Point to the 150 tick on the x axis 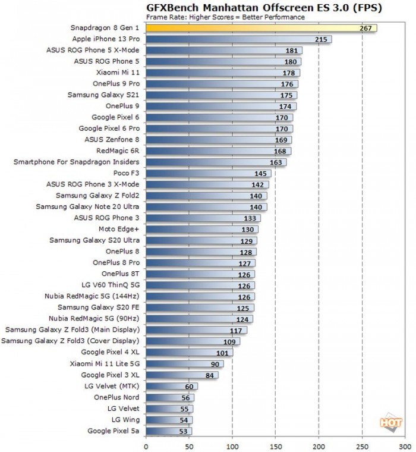pos(276,444)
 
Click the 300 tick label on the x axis pos(406,444)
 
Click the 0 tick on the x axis pos(146,444)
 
